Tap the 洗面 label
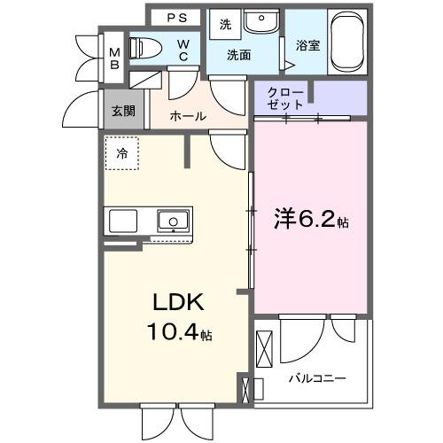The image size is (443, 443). click(238, 55)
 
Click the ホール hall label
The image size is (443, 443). click(187, 116)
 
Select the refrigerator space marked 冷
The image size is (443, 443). click(122, 153)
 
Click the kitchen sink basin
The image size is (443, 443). click(173, 220)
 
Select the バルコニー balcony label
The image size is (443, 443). click(316, 378)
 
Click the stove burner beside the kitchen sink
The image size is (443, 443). click(124, 221)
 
